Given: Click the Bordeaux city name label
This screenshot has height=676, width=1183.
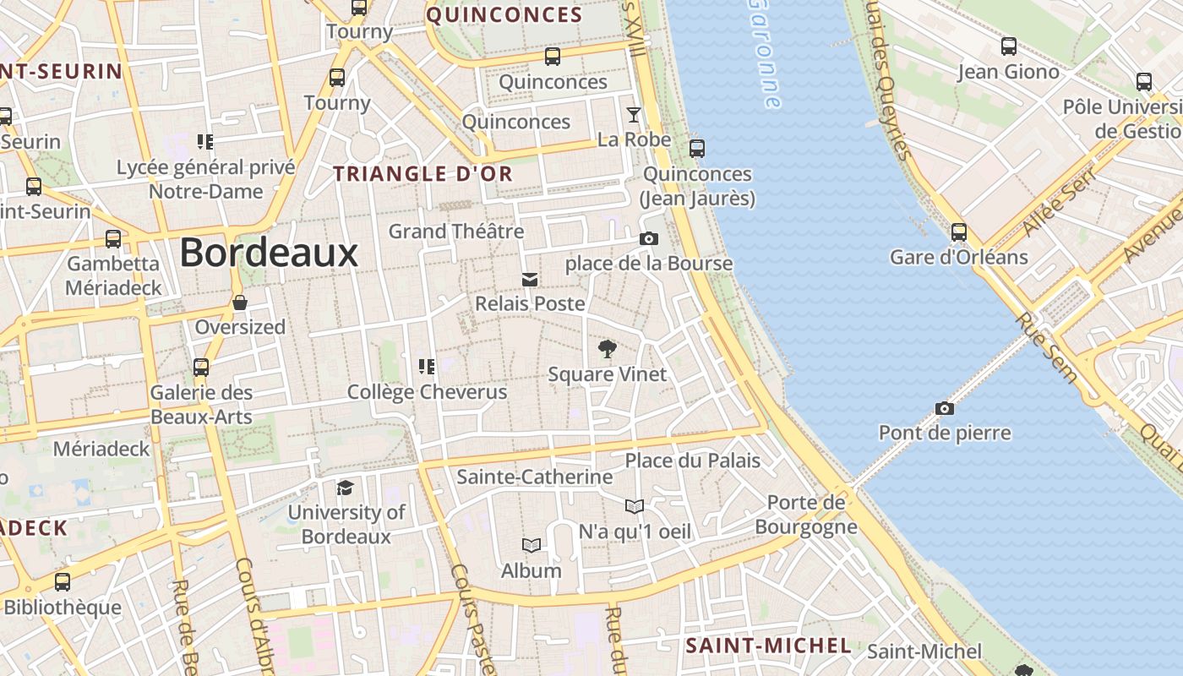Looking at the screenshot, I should point(269,253).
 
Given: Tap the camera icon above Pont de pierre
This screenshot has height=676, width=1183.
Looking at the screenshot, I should point(945,409).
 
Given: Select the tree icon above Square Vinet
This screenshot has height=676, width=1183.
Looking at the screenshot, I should point(607,348).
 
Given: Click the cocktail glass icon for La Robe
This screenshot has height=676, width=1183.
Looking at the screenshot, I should point(634,115).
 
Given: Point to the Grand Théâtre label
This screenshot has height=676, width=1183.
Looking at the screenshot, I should point(456,231).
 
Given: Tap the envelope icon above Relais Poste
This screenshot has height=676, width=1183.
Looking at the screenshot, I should point(530,280).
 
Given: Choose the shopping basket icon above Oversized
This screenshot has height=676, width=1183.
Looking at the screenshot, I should point(240,303).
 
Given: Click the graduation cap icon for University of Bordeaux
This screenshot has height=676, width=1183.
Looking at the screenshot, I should point(345,488).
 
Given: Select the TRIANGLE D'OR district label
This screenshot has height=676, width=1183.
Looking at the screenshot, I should point(422,174).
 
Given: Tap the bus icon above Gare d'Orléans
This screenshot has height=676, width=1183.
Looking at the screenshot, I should point(958,232).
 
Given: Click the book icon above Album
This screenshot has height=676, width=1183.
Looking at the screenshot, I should point(531,546).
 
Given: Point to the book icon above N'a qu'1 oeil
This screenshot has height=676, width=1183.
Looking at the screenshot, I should point(635,506).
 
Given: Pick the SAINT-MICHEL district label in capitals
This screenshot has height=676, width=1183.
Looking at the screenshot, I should point(768,646).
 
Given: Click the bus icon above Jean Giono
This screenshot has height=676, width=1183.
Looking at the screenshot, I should point(1008,46).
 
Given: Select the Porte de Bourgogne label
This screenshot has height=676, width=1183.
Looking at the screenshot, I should point(806,515).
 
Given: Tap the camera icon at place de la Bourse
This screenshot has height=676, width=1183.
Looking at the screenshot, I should point(648,239).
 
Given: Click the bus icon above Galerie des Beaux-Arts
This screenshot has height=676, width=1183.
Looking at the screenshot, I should point(201,368).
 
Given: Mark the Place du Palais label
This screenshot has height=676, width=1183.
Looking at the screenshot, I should point(693,461).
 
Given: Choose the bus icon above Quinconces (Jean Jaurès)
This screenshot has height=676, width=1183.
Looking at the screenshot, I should point(697,149).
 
